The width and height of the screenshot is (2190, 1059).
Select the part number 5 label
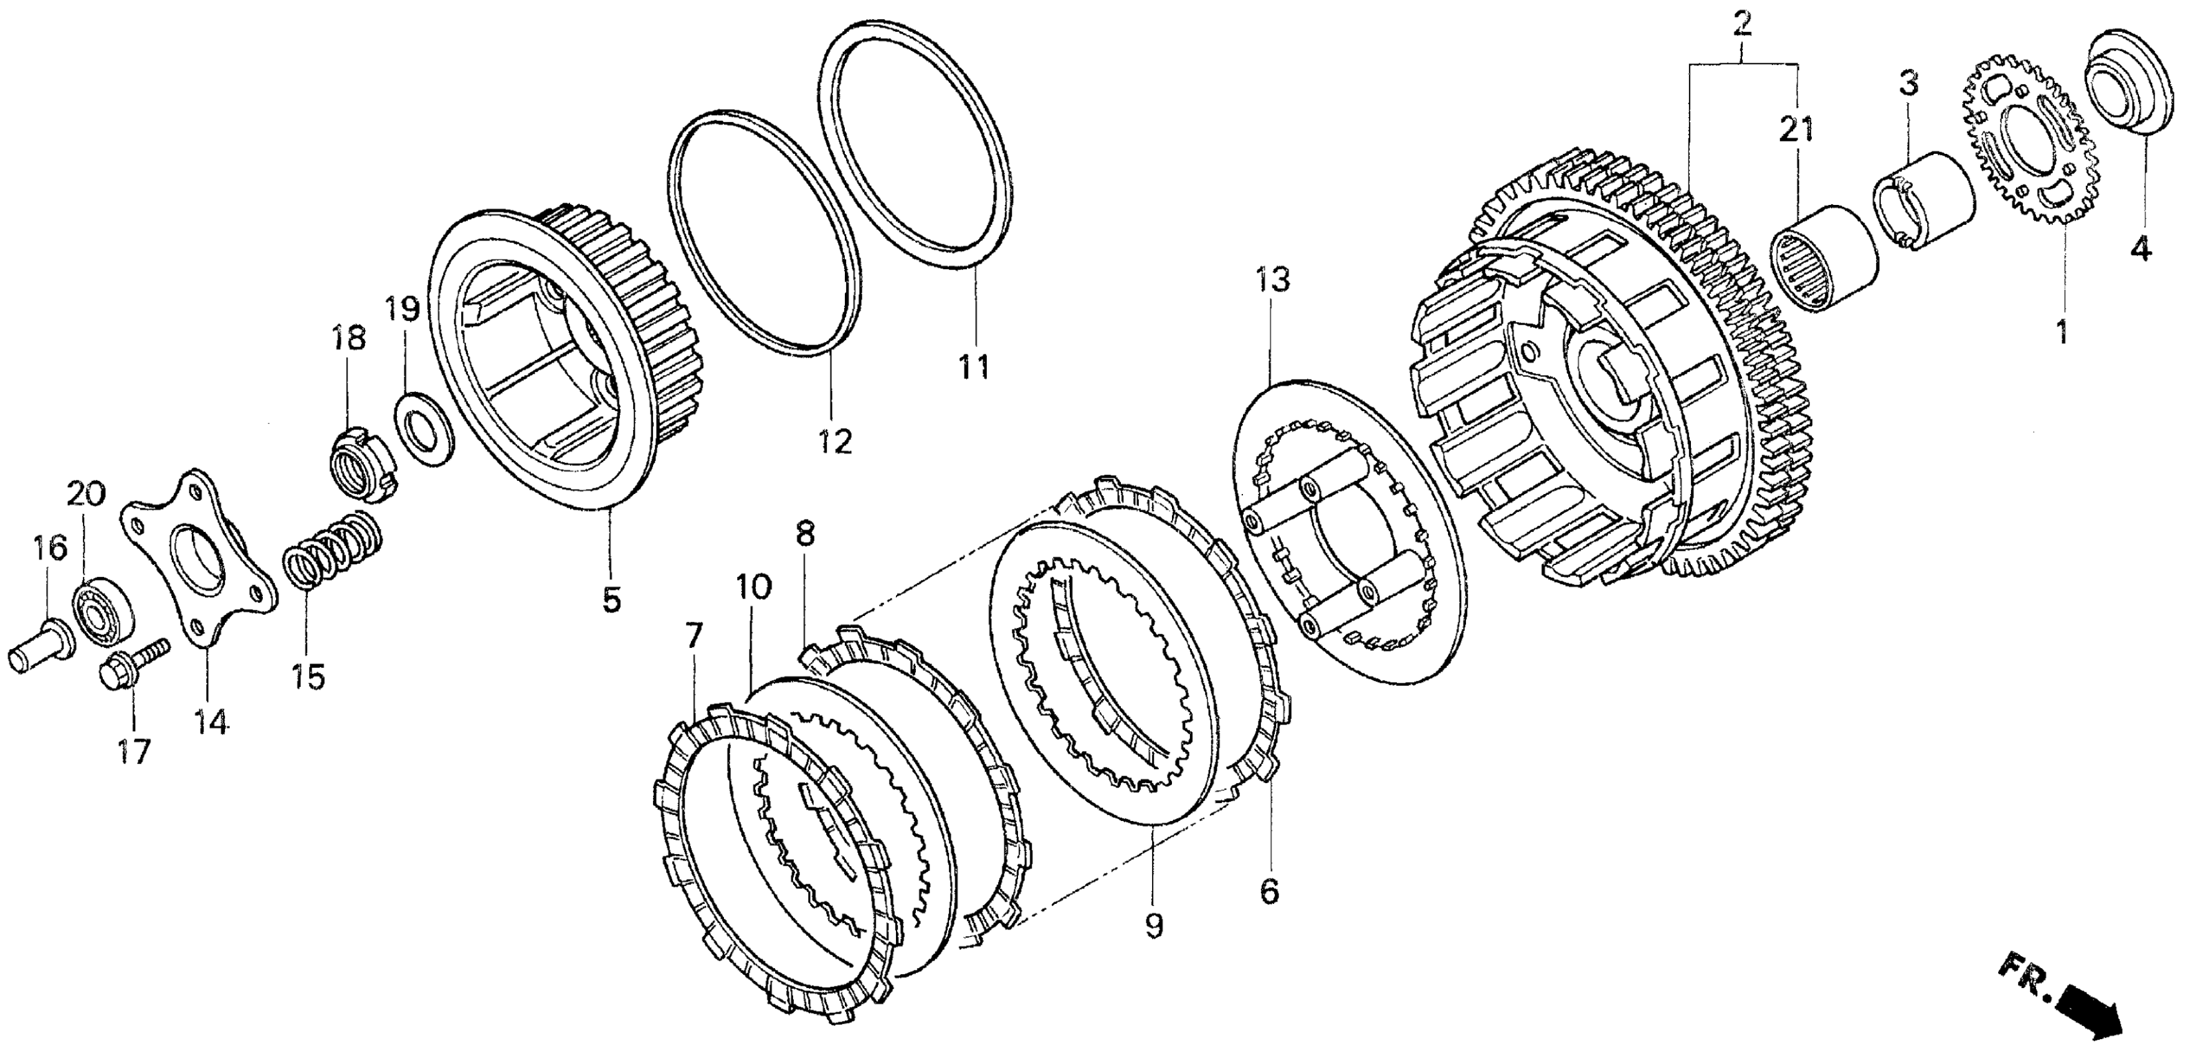pos(612,599)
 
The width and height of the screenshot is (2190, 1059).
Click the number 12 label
pos(835,441)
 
